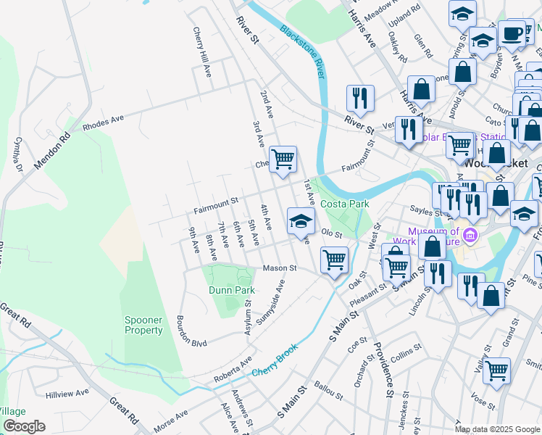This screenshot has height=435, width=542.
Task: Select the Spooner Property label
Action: coord(143,325)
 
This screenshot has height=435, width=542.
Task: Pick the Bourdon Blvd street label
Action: coord(191,332)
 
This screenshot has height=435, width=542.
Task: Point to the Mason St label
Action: coord(280,268)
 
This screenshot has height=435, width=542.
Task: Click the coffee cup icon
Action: coord(512,33)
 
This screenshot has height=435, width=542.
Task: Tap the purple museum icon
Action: coord(471,236)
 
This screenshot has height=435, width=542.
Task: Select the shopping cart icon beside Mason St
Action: coord(334,259)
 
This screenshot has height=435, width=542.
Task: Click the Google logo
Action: coord(24,426)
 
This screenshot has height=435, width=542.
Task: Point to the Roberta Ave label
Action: coord(233,370)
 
